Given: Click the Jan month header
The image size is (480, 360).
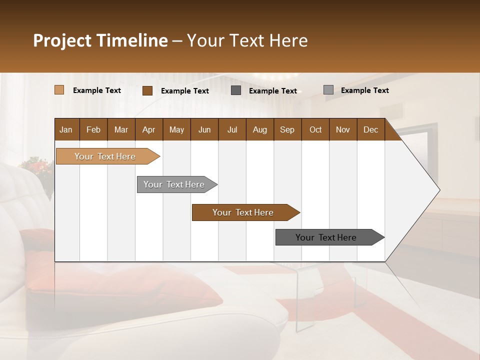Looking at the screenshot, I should (66, 129).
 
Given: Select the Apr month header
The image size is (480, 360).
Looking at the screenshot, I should (148, 129).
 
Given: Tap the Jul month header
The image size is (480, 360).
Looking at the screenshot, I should (232, 129).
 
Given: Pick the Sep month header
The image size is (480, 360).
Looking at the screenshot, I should (287, 129).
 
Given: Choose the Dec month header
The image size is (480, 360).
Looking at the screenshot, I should (370, 129).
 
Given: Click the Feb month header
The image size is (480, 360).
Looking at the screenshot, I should (93, 129).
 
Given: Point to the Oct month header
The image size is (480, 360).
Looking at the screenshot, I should (315, 129).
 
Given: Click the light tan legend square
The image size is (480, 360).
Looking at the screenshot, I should (59, 90).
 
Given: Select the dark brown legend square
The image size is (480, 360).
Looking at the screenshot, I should (147, 90).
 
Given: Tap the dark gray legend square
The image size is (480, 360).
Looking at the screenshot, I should (236, 90).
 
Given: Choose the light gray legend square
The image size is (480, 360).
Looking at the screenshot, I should (328, 90).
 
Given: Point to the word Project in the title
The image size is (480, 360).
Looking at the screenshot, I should (62, 40).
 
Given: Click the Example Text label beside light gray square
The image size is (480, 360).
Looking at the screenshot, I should (364, 90).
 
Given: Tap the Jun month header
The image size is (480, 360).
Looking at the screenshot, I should (204, 129).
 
